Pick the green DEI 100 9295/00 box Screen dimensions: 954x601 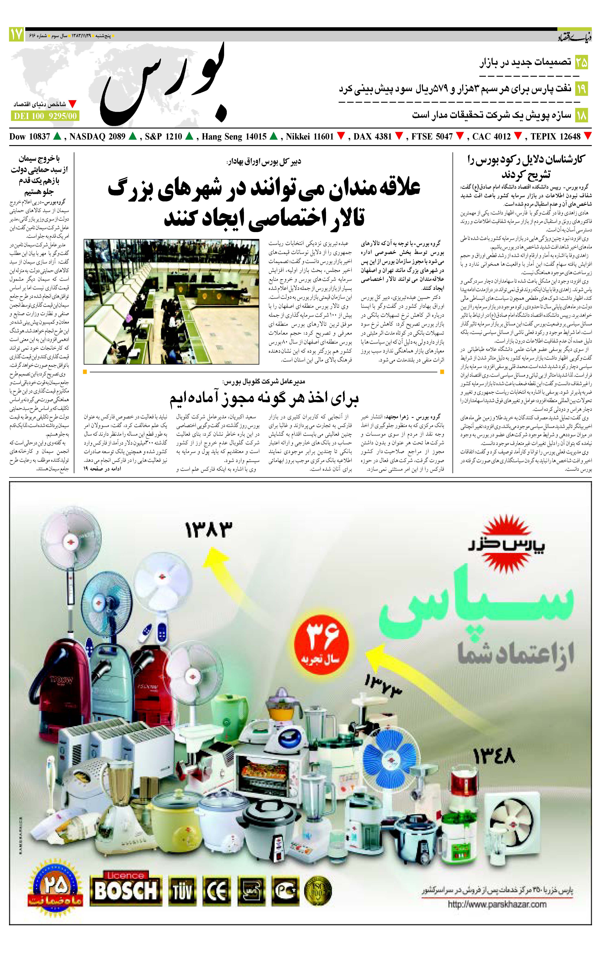(44, 116)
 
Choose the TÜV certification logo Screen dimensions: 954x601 (183, 892)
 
